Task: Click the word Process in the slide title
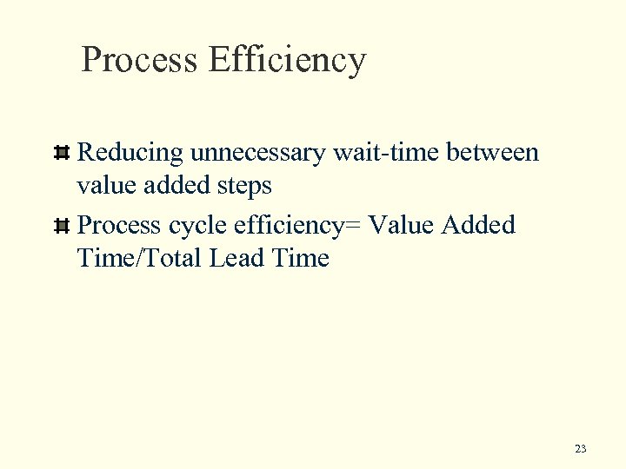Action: (139, 61)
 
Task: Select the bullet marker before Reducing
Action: (62, 154)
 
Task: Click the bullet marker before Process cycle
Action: (62, 227)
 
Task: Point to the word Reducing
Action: (130, 154)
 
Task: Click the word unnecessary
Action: (257, 154)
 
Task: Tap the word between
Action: (493, 154)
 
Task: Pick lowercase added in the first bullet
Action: (175, 186)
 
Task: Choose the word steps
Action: (242, 186)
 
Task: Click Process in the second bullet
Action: (120, 226)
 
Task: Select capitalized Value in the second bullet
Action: (401, 226)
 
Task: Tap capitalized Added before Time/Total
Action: (479, 226)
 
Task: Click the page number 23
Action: (581, 449)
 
